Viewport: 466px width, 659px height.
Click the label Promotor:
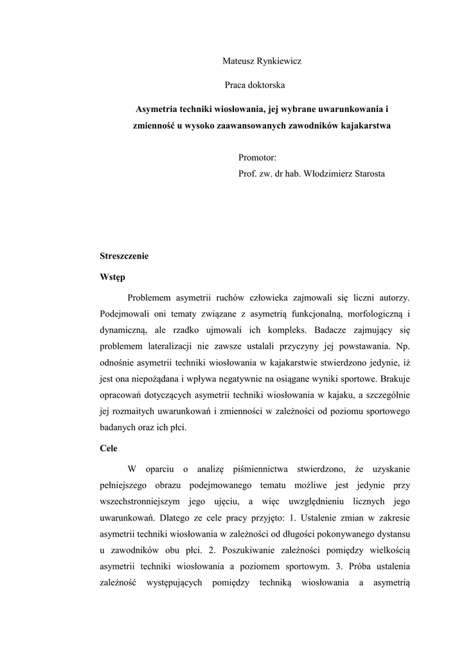(x=257, y=158)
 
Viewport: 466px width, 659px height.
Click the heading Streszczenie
(x=124, y=256)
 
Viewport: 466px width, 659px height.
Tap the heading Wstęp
(x=112, y=278)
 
